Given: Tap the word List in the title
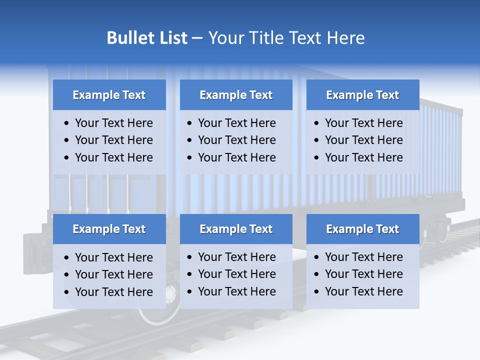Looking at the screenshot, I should [171, 38].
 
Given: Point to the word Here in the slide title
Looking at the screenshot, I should [345, 38].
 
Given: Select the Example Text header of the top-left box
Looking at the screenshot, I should [109, 95].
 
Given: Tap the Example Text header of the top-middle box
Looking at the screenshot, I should [236, 95].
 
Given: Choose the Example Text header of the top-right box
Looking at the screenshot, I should [362, 95].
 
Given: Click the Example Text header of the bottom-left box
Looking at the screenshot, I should [109, 229].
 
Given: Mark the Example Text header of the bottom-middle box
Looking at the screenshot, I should [236, 229].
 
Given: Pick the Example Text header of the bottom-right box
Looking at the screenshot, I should [362, 229].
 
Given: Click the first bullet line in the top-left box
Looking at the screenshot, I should [113, 123].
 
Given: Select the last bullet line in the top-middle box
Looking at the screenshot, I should [236, 157].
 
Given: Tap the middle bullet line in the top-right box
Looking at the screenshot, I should [363, 140].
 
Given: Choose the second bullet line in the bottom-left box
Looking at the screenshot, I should [113, 274].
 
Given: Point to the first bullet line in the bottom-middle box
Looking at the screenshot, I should [236, 257].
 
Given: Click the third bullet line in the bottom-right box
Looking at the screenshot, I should [363, 291].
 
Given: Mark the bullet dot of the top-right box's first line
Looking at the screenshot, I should [317, 123].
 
